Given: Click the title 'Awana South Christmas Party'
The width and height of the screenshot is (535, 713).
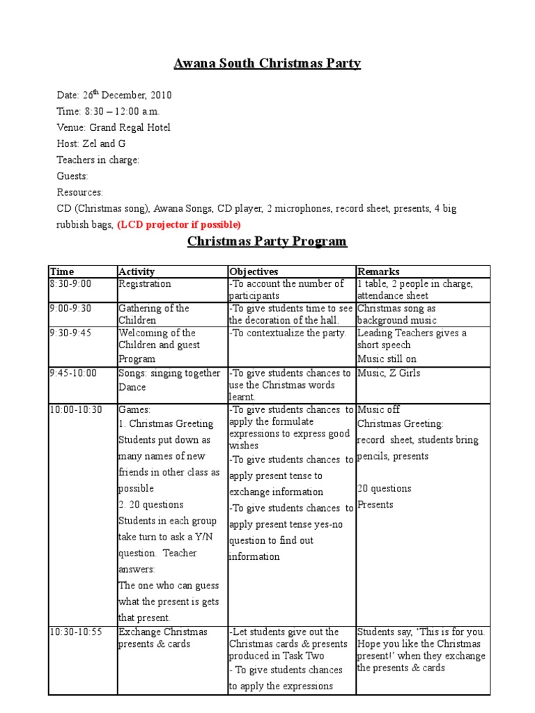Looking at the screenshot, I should [267, 64].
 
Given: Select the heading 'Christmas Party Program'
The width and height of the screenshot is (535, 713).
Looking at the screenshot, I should [267, 242].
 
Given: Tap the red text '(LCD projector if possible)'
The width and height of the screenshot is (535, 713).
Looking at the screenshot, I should [179, 224].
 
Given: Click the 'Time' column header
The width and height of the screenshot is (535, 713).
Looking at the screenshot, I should [62, 272].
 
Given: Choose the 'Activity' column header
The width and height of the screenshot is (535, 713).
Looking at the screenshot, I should [137, 272].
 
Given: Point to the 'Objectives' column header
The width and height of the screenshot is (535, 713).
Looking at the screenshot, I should [254, 272].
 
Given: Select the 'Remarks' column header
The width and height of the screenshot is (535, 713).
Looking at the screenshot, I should [378, 272].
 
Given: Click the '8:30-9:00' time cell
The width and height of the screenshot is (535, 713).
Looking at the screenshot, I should [70, 284].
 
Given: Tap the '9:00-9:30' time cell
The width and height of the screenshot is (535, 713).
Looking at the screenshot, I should [70, 308].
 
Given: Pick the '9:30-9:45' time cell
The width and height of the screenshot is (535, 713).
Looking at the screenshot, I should [70, 333].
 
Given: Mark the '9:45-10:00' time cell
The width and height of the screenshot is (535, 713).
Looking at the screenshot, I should [73, 373].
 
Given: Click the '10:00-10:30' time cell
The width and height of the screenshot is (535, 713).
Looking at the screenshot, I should [76, 410].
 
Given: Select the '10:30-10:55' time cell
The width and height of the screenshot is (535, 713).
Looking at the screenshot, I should [76, 632].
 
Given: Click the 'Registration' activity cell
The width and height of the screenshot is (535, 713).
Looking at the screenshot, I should [144, 284].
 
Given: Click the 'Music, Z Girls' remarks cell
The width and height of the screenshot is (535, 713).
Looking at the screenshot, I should [388, 373].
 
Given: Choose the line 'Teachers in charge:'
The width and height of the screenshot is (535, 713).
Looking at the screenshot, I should [98, 159].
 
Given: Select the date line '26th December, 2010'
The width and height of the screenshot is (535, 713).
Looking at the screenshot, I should [114, 95].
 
